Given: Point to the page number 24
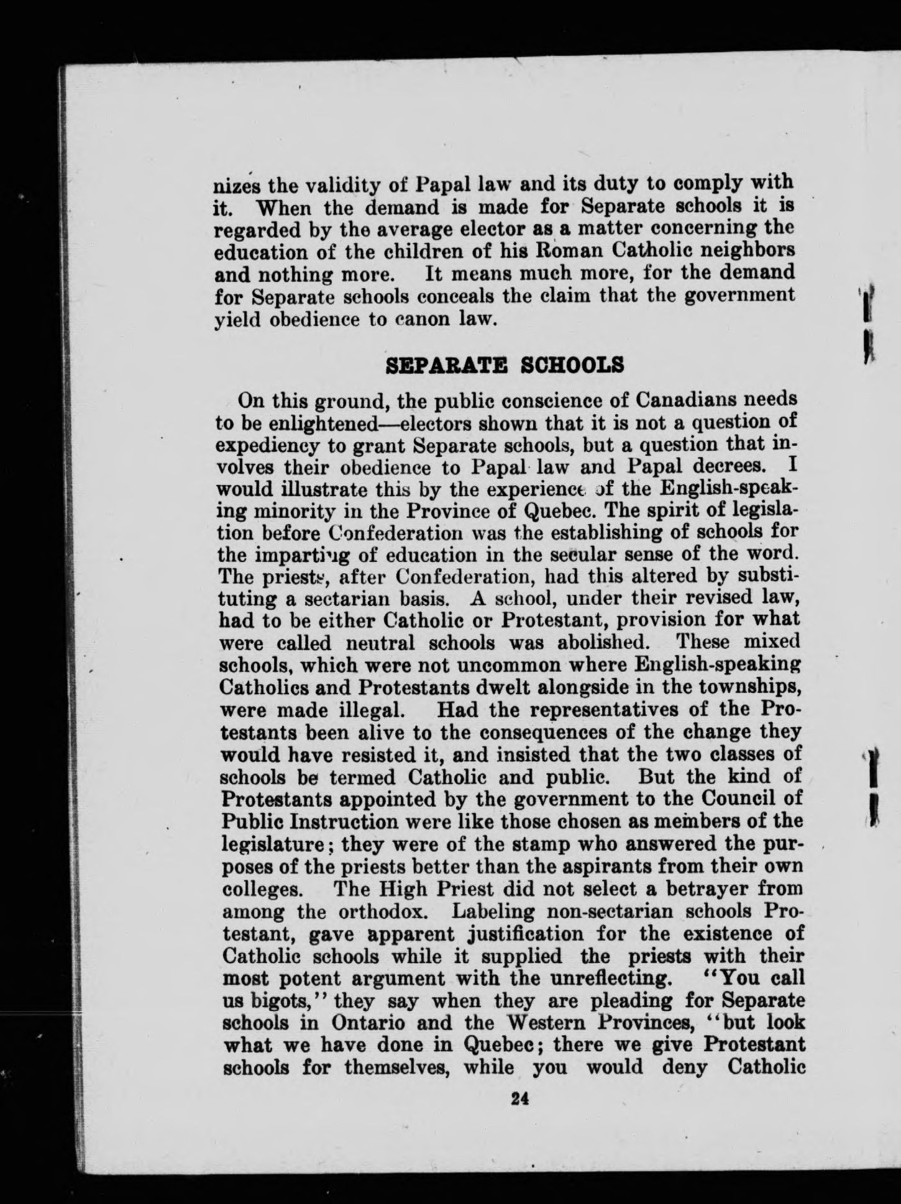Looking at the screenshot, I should click(519, 1098).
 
